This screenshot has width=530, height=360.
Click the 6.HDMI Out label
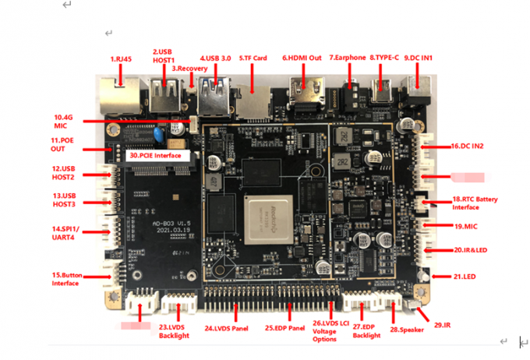click(302, 58)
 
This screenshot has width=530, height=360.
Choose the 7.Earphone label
click(348, 58)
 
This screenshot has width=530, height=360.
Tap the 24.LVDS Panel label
click(226, 328)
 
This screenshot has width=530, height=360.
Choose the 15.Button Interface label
click(69, 279)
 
